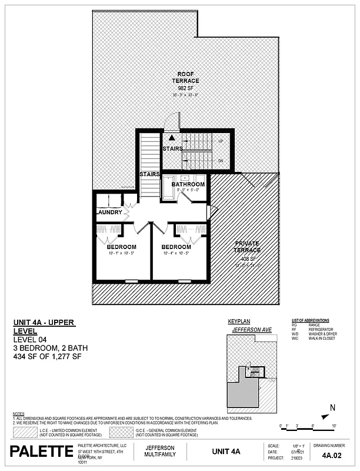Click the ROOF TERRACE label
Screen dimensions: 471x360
[185, 77]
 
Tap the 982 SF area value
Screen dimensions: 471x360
[185, 88]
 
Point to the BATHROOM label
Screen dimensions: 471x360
[188, 184]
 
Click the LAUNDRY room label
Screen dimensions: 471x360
[109, 213]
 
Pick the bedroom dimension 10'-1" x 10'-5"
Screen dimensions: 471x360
[122, 253]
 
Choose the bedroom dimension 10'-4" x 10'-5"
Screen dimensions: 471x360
[176, 253]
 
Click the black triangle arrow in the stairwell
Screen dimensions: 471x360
[172, 137]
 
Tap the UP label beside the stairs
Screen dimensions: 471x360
[221, 142]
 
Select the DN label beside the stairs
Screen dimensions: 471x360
[221, 161]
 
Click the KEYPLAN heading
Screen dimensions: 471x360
[236, 321]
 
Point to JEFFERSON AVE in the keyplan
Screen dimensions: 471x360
[251, 330]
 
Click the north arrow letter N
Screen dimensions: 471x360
[333, 407]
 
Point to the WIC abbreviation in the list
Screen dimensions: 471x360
[296, 339]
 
